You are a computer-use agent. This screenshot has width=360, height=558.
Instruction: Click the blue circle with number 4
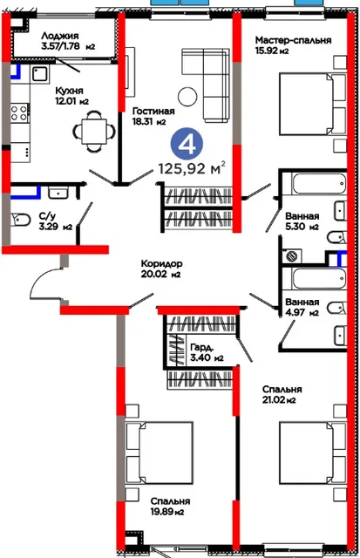click(x=187, y=144)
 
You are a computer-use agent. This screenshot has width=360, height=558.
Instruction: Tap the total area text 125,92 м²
click(x=192, y=167)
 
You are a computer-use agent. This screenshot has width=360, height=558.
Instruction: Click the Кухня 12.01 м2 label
click(x=71, y=96)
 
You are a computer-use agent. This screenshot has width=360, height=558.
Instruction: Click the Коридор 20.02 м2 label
click(x=161, y=269)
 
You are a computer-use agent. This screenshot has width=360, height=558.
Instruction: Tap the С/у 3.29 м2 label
click(x=56, y=221)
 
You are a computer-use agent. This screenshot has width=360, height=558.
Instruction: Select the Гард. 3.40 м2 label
click(x=207, y=352)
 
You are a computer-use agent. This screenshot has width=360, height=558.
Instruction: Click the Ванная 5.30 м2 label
click(x=302, y=221)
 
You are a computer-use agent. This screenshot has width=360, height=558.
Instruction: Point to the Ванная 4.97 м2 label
click(x=302, y=308)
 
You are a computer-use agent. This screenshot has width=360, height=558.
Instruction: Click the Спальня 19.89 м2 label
click(x=170, y=507)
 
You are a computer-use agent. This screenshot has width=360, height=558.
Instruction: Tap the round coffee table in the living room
click(x=187, y=96)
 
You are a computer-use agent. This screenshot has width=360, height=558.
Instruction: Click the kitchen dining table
click(x=94, y=132)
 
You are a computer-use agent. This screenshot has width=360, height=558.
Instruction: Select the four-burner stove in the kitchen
click(x=19, y=112)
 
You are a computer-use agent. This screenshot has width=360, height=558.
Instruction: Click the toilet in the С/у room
click(x=20, y=220)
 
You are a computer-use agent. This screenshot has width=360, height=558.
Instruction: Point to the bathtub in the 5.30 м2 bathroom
click(x=319, y=183)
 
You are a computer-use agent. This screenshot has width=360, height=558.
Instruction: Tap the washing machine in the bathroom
click(x=292, y=255)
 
